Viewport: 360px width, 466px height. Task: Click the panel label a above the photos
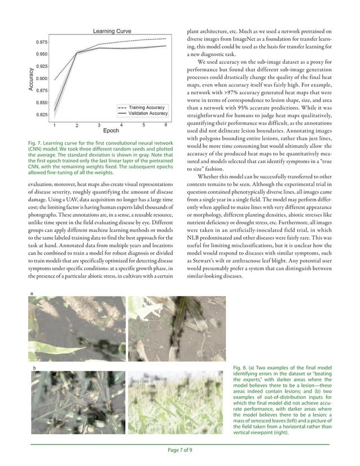tap(31, 293)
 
